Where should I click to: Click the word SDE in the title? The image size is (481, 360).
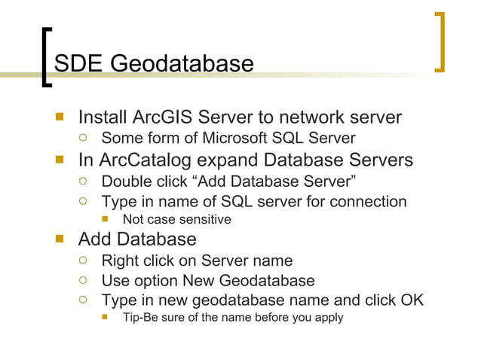(x=79, y=63)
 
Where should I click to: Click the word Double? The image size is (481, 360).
(x=127, y=182)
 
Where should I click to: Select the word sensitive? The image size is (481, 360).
(x=204, y=220)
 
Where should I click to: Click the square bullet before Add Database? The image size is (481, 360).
(x=60, y=239)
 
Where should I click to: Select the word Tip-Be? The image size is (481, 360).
(x=142, y=317)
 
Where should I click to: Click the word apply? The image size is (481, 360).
(x=327, y=317)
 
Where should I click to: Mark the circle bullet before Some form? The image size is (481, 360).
(x=84, y=138)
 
